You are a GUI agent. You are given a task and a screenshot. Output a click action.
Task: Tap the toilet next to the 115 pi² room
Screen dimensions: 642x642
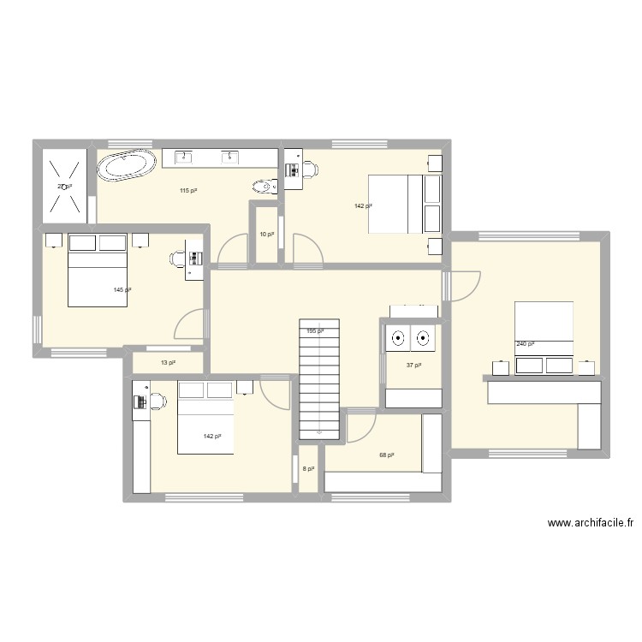click(x=263, y=185)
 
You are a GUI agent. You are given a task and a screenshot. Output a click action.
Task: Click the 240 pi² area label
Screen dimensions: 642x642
click(x=525, y=344)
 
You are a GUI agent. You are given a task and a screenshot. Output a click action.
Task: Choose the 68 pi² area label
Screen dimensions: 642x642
click(x=386, y=455)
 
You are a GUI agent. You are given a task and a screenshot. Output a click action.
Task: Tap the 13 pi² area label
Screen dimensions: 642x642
click(x=168, y=363)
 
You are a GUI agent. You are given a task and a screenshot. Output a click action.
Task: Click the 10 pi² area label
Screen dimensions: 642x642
click(x=267, y=234)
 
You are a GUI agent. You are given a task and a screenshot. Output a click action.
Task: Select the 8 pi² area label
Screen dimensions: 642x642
click(x=308, y=469)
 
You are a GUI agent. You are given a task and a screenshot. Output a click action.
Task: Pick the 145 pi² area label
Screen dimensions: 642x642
click(x=122, y=290)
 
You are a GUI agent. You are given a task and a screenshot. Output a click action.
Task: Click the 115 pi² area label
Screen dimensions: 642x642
click(x=187, y=190)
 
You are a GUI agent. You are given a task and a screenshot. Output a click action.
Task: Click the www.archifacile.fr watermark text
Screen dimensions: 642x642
click(x=590, y=523)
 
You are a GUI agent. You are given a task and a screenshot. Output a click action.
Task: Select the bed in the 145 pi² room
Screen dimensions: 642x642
click(x=97, y=269)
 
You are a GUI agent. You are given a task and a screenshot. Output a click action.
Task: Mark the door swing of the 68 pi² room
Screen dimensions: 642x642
click(x=359, y=426)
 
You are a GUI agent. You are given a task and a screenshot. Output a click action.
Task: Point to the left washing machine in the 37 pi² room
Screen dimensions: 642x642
click(x=398, y=339)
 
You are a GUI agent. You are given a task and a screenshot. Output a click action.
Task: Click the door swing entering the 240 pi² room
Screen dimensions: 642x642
click(x=463, y=284)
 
